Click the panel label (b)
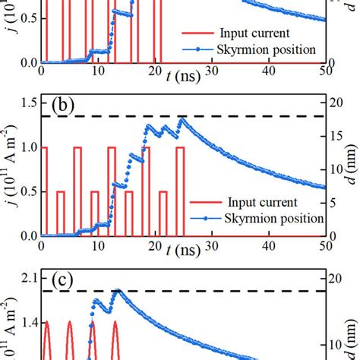62,106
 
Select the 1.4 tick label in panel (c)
27,323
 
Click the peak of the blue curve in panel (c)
117,291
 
